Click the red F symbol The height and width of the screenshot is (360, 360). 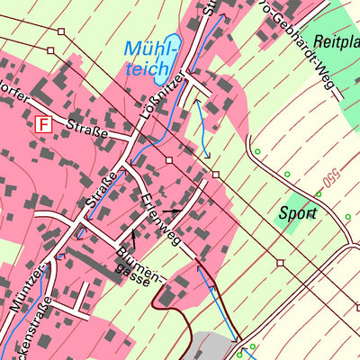(x=42, y=125)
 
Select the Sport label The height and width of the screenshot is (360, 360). (x=297, y=214)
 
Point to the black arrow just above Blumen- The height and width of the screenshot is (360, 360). (x=133, y=238)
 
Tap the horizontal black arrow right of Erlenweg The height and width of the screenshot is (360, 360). (x=170, y=211)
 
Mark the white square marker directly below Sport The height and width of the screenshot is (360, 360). (x=281, y=262)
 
